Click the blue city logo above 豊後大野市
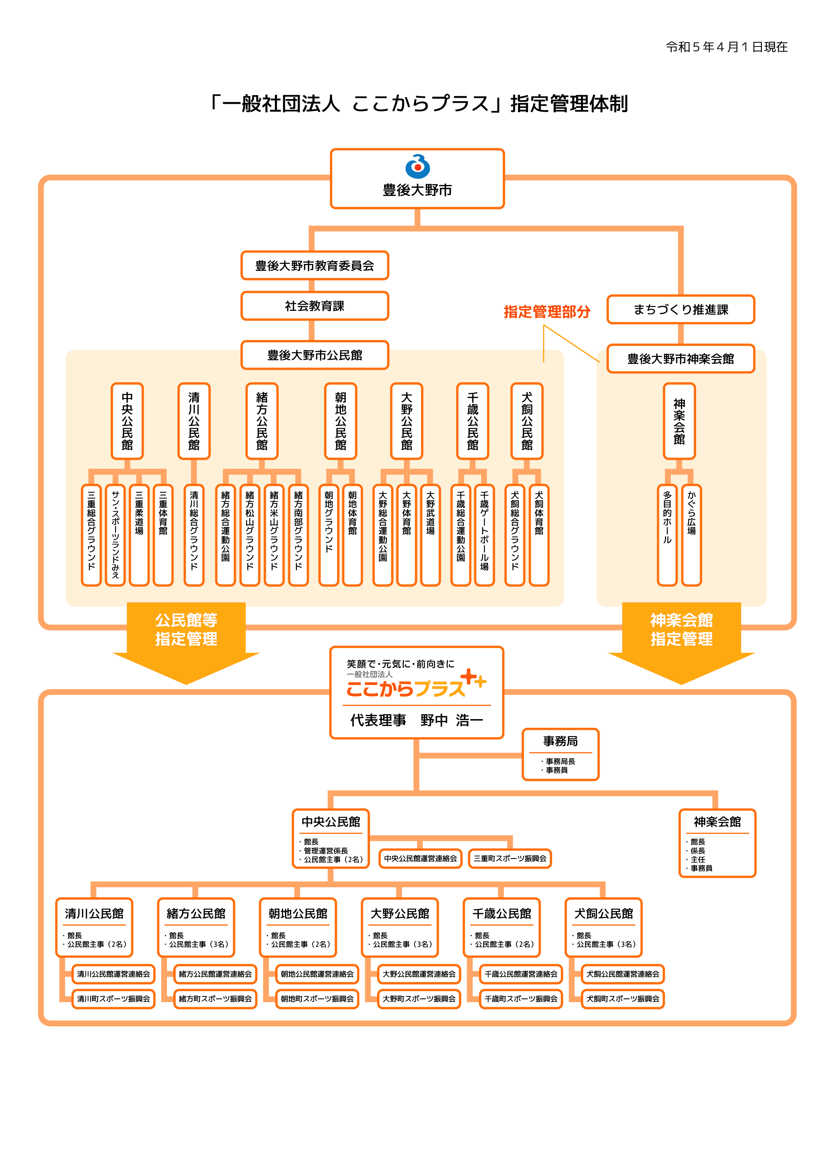click(417, 166)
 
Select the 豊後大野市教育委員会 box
click(314, 266)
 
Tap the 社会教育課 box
click(314, 306)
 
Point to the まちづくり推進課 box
click(680, 309)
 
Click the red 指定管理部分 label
click(547, 312)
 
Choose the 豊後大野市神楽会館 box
click(680, 359)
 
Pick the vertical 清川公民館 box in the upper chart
click(194, 421)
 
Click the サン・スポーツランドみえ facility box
click(115, 535)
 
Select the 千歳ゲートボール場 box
click(484, 535)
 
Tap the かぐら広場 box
click(692, 535)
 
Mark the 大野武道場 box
click(430, 535)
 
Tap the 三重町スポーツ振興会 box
click(510, 858)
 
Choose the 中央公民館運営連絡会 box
click(420, 858)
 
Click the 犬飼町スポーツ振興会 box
click(622, 998)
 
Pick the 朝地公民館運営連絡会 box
click(317, 974)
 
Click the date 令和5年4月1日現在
click(726, 47)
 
